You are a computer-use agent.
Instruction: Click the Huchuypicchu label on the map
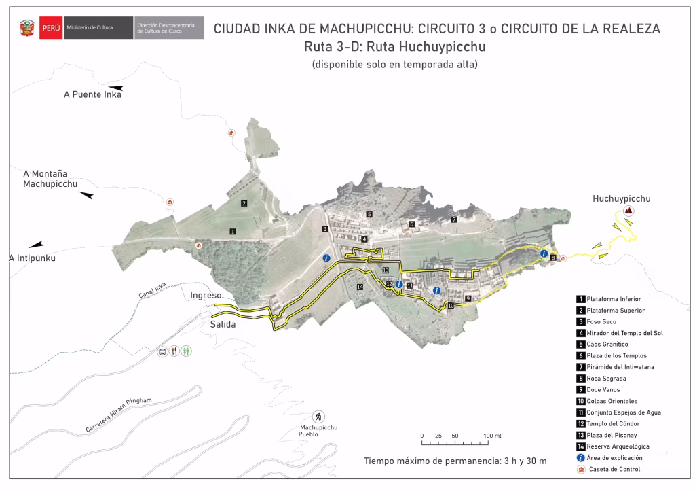point(621,199)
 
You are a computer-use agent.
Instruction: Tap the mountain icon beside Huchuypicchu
point(628,211)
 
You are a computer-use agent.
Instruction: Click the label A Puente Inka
point(92,94)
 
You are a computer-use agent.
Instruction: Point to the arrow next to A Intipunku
point(36,244)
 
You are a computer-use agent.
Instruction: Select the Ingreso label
point(206,296)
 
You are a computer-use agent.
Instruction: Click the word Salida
point(223,325)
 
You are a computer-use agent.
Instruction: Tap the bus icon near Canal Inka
point(162,351)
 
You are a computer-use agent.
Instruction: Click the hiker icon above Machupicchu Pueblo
point(318,416)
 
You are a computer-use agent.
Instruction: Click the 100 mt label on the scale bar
point(492,436)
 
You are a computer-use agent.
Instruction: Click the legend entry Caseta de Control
point(614,469)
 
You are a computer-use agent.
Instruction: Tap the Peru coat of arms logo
point(26,29)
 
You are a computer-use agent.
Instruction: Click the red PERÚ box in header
point(50,28)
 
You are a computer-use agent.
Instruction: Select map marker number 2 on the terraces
point(244,203)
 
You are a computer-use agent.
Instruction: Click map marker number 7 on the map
point(454,219)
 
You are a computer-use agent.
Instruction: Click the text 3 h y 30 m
point(522,461)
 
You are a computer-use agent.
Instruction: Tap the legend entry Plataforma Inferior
point(614,299)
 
